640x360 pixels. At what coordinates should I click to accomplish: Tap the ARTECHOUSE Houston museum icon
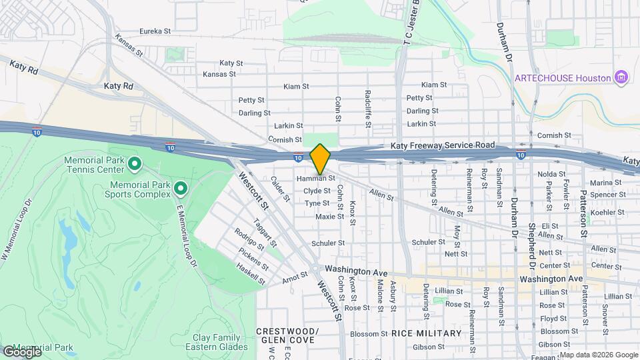tap(622, 78)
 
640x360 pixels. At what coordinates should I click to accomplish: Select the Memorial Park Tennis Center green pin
tap(134, 163)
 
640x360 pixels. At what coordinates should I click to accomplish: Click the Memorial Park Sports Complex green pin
tap(179, 189)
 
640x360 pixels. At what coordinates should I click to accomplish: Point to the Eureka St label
tap(155, 31)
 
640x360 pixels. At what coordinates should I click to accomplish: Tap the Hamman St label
tap(315, 179)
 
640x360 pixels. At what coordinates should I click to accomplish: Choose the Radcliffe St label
tap(367, 109)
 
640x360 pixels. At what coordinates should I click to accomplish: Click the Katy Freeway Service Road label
tap(441, 145)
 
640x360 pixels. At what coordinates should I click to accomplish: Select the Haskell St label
tap(251, 274)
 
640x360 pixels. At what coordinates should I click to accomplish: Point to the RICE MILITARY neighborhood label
tap(427, 333)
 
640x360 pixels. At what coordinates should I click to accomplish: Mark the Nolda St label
tap(551, 175)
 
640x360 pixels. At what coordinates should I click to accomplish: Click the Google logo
tap(21, 352)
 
